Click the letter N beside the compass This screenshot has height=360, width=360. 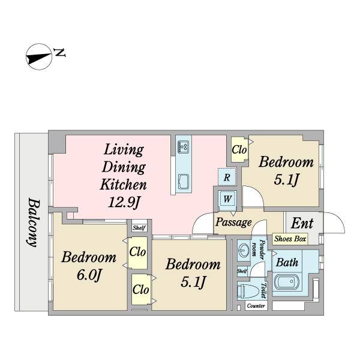59,53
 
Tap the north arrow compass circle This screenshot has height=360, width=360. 39,56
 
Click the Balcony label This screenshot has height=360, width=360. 34,222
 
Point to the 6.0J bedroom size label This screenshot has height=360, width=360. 89,275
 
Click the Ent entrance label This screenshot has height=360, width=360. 302,223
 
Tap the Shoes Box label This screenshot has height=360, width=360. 290,239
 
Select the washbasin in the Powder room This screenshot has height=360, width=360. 243,249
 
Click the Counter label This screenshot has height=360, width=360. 256,306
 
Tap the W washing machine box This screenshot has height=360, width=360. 227,198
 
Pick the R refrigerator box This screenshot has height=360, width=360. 227,177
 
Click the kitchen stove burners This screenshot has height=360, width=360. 183,147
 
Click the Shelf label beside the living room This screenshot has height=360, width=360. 139,228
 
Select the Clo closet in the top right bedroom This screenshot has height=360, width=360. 239,149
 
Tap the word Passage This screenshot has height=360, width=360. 233,222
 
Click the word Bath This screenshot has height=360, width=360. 287,262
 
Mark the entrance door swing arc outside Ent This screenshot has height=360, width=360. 339,218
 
